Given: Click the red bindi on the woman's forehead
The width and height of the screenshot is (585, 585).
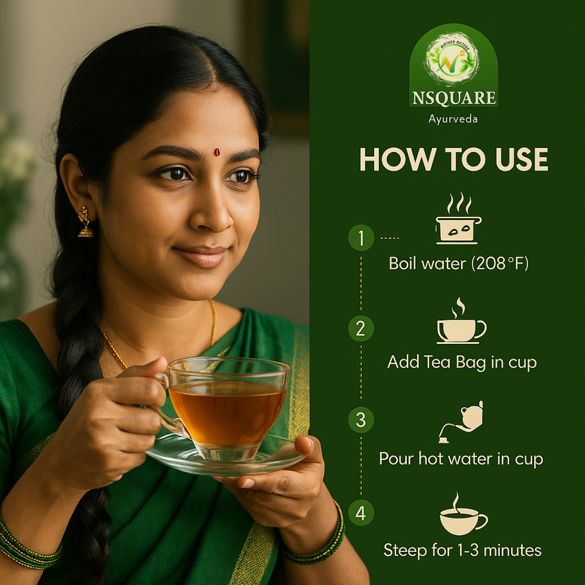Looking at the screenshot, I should point(217,152).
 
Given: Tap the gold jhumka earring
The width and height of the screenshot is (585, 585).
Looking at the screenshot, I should point(85,223).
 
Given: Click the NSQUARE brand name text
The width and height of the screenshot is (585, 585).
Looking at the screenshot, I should point(453,98).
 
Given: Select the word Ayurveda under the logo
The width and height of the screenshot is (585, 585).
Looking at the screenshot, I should point(453,119).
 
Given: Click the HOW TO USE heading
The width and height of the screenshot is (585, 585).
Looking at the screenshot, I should point(454,160).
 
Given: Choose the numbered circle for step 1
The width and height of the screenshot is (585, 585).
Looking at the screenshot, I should point(361,238).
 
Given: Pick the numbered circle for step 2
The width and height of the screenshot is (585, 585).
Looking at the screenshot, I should point(361,328).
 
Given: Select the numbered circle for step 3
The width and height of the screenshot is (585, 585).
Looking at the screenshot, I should point(361,420).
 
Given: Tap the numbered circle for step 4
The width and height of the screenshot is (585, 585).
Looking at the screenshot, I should point(361,512).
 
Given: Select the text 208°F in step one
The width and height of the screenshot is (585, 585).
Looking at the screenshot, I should point(500,264).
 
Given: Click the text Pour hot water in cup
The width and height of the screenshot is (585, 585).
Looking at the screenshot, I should point(461,459).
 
